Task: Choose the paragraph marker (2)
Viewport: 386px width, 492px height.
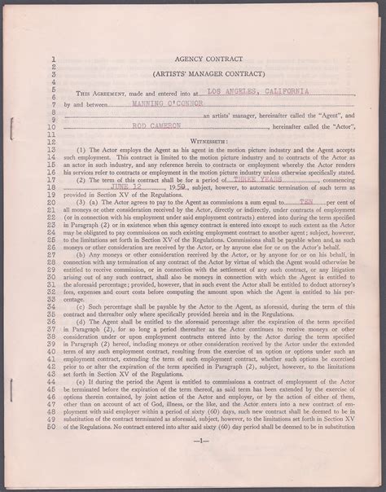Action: [x=104, y=186]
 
